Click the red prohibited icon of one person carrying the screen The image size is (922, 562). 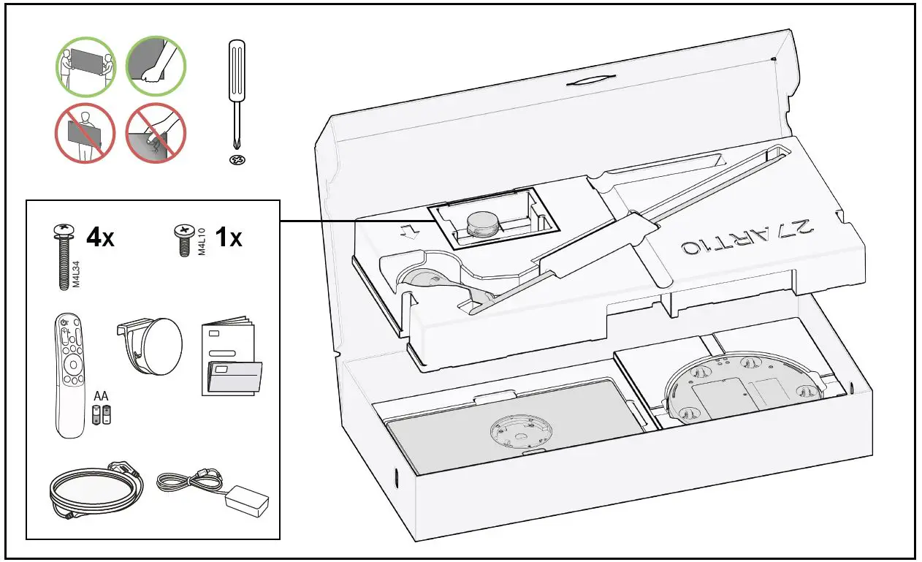pos(86,133)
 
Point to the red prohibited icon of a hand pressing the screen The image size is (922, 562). pos(156,133)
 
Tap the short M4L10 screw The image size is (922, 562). pos(181,240)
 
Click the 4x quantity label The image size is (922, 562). pos(100,238)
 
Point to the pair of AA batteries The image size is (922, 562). pos(102,415)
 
